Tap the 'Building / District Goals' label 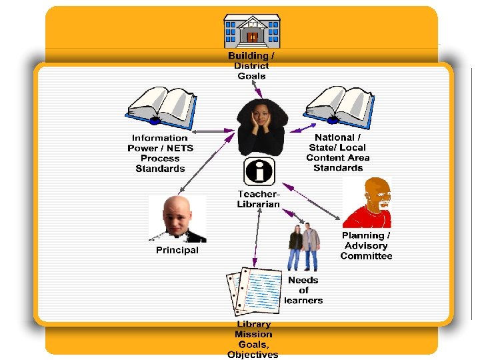251,66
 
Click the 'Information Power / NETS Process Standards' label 160,153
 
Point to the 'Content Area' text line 338,157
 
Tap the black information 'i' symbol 259,171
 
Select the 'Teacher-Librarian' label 259,199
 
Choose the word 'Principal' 177,250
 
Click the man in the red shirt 367,203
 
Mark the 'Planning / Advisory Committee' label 366,245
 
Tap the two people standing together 303,247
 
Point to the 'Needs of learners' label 303,290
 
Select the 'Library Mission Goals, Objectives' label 253,339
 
